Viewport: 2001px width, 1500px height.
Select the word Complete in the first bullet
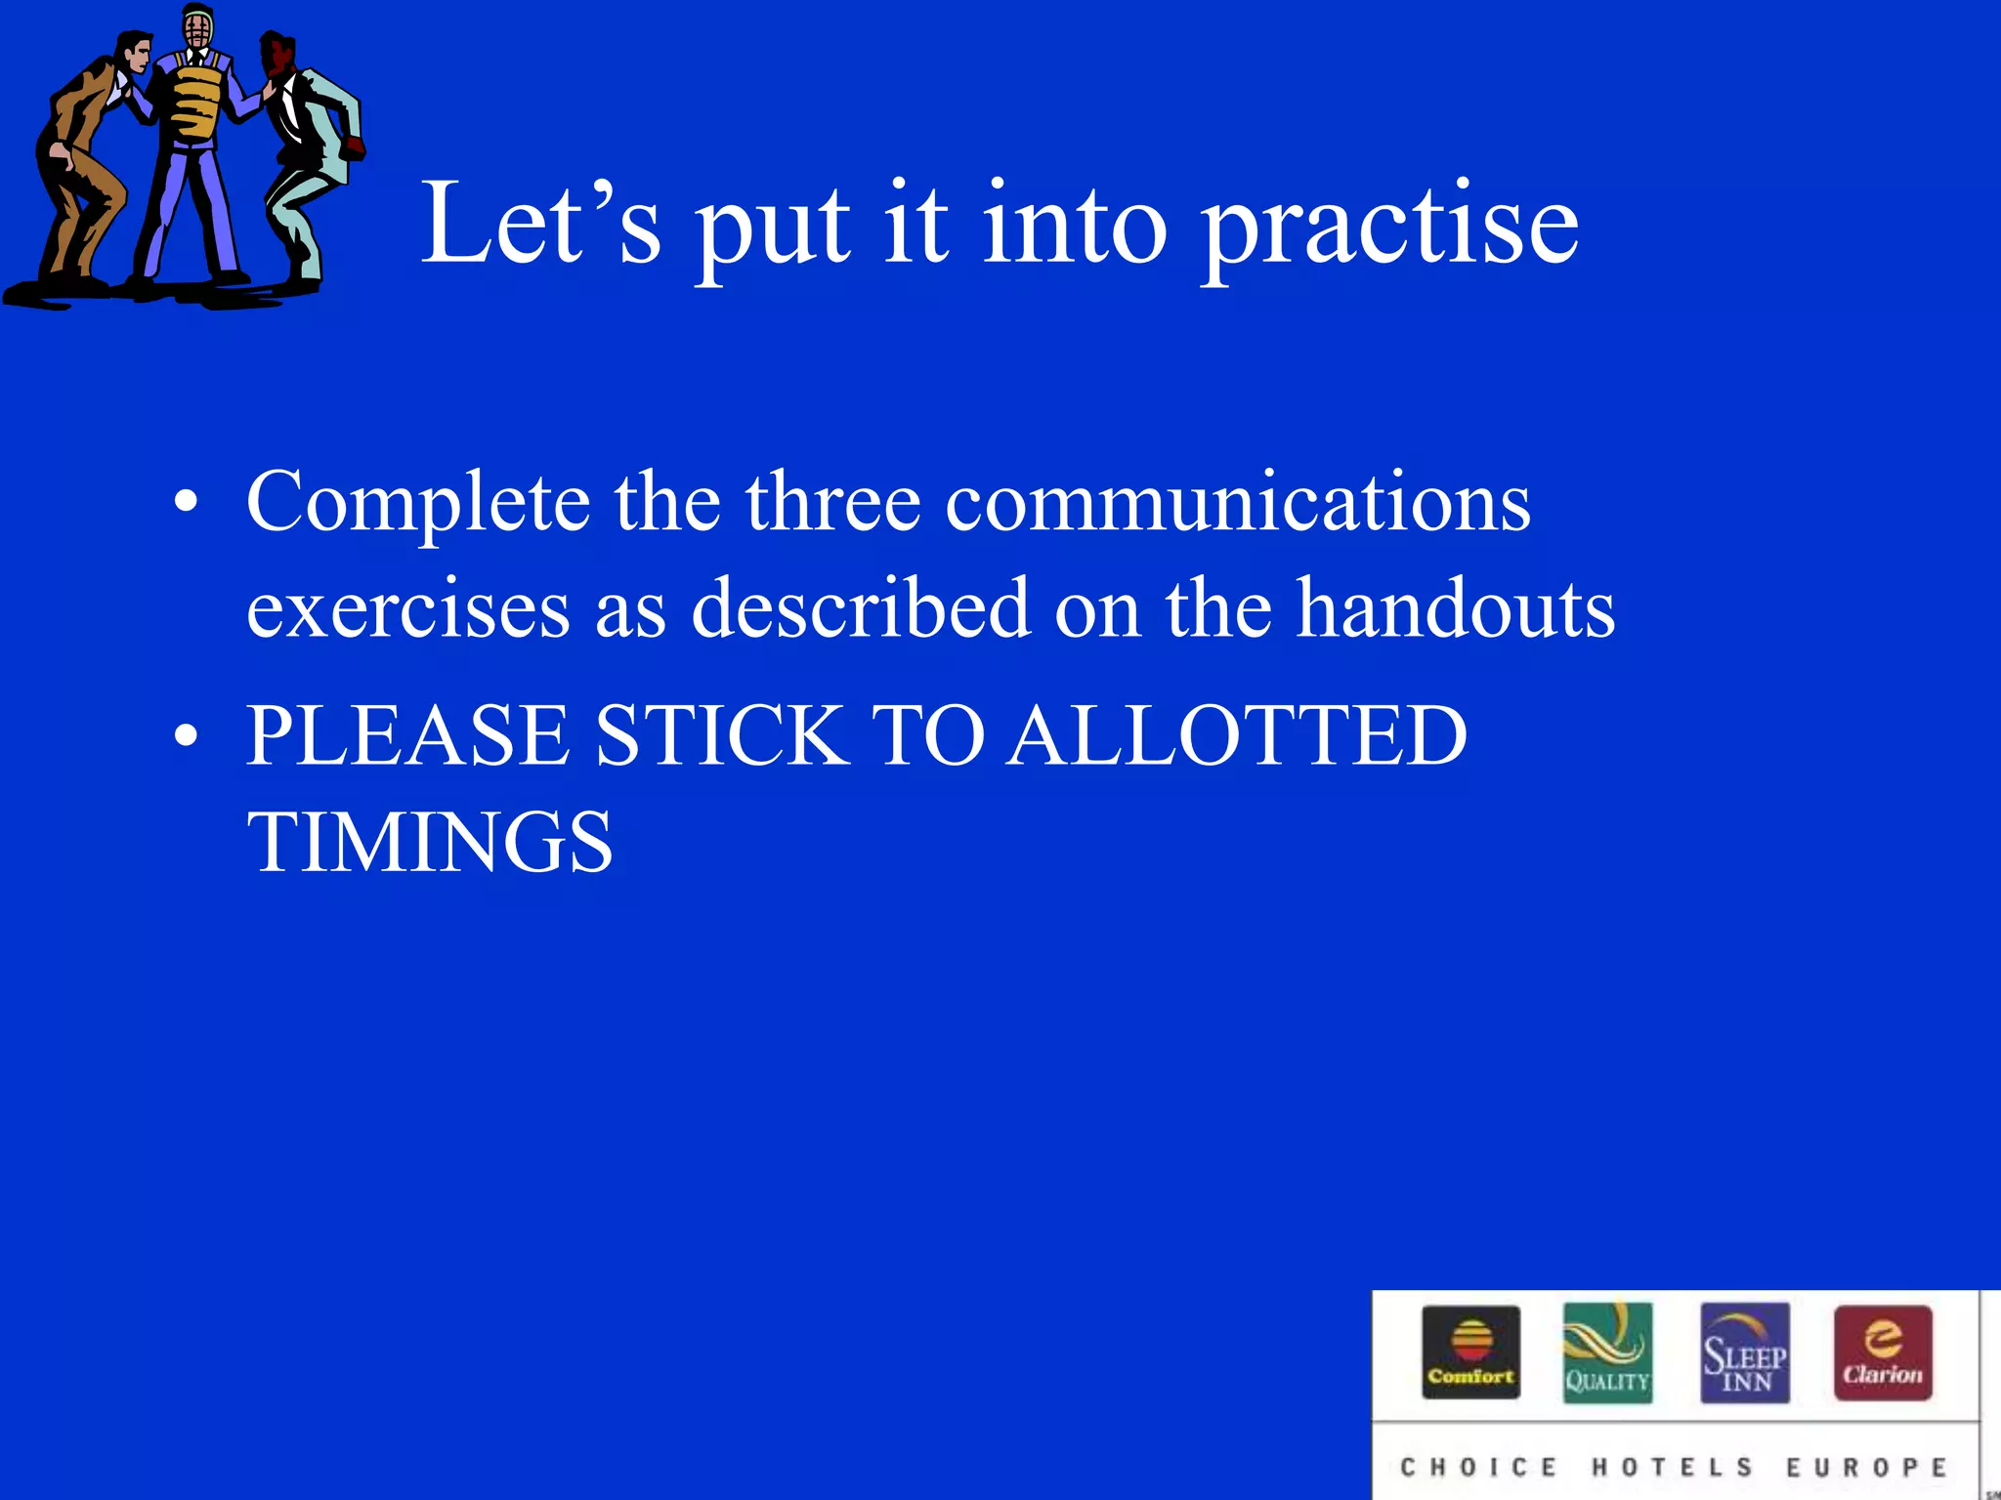pos(417,503)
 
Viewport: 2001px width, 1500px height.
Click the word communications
pos(1237,503)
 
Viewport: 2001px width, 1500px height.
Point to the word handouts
pos(1455,609)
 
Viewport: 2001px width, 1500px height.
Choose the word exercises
pos(407,609)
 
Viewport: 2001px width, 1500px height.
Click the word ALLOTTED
pos(1237,734)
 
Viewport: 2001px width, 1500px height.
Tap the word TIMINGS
pos(430,842)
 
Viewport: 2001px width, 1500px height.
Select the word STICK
pos(722,734)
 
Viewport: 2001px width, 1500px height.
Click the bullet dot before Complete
pos(186,504)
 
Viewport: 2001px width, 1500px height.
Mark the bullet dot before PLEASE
pos(186,736)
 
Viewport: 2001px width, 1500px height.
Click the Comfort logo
pos(1470,1353)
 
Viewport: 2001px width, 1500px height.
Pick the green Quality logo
pos(1607,1353)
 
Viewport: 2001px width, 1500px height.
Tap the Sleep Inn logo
pos(1745,1353)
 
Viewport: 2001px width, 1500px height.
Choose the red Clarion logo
pos(1883,1353)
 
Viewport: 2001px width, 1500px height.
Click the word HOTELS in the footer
pos(1673,1467)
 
